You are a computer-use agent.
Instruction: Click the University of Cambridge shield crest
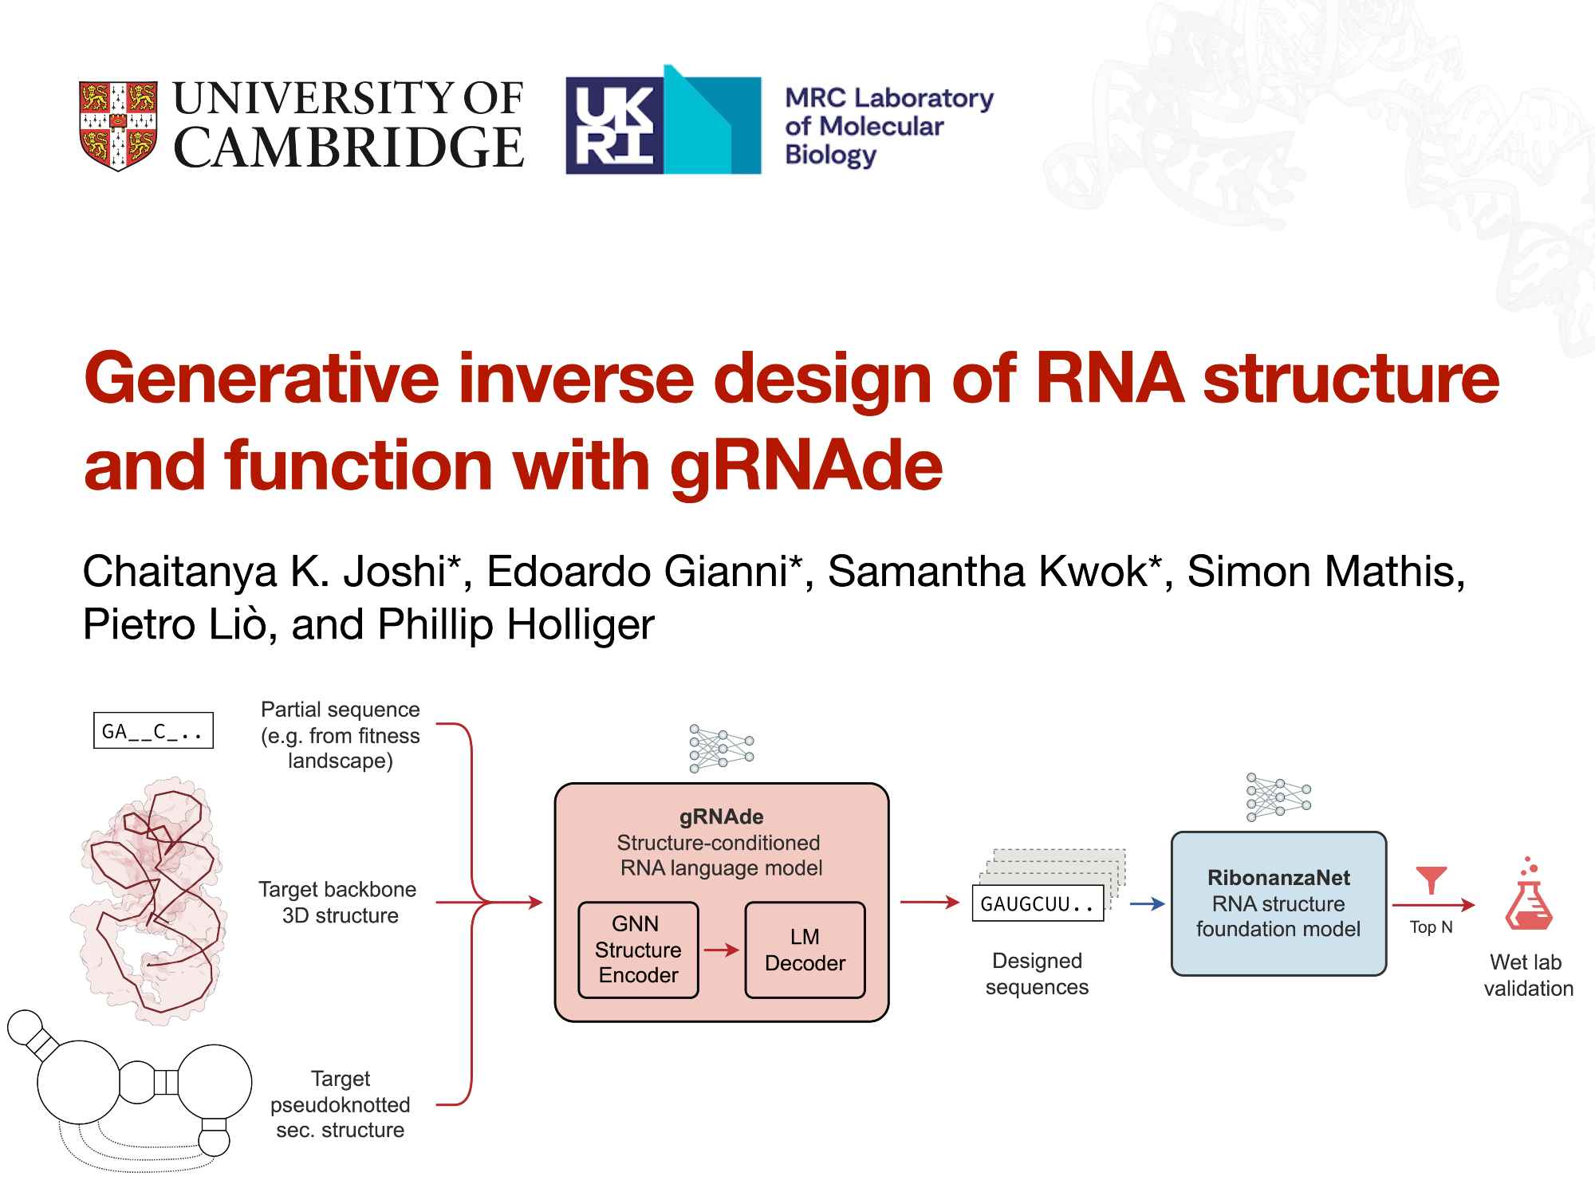click(x=118, y=125)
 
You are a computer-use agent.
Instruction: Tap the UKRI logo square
click(x=614, y=125)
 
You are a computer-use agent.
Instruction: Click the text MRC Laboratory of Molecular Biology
click(x=888, y=126)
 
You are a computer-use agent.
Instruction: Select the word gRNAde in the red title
click(x=805, y=466)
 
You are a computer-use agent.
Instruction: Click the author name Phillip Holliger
click(x=515, y=624)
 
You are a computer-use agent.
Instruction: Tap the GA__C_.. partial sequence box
click(x=153, y=730)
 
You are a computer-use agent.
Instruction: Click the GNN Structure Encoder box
click(x=638, y=950)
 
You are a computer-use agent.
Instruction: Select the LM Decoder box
click(x=805, y=950)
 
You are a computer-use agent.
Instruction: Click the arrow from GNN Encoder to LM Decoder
click(x=722, y=950)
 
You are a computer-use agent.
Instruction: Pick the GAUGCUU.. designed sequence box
click(x=1038, y=903)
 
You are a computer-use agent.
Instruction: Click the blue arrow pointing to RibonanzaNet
click(x=1147, y=903)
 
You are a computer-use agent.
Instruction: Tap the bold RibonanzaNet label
click(x=1278, y=878)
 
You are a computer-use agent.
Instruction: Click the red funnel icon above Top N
click(x=1431, y=879)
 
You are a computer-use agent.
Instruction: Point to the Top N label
click(x=1431, y=927)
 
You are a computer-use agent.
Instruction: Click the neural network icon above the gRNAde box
click(x=722, y=748)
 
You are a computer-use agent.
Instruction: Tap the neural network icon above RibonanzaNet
click(x=1278, y=797)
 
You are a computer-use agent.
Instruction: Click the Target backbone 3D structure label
click(x=338, y=903)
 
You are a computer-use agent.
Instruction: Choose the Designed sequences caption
click(x=1037, y=974)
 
